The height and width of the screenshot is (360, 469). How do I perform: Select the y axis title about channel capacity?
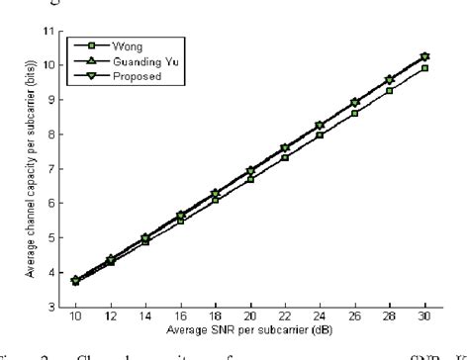click(x=34, y=169)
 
